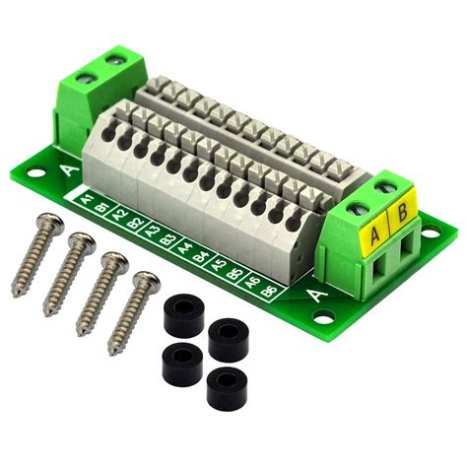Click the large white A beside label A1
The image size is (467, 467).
tap(66, 173)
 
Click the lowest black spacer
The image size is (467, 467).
tap(226, 388)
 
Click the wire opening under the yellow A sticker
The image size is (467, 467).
tap(379, 267)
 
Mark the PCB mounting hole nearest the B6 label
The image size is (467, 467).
tap(321, 318)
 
